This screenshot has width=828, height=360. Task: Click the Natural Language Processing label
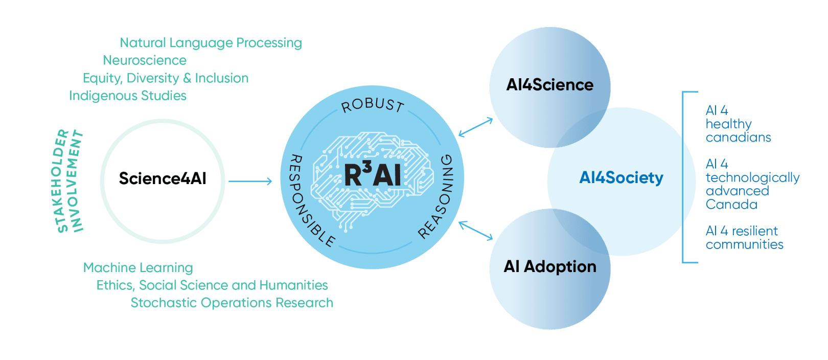point(211,43)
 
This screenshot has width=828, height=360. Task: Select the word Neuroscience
point(145,60)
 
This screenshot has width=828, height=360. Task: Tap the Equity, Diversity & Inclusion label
point(166,78)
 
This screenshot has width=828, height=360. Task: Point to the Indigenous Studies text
point(128,96)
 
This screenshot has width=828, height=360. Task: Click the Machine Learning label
point(138,267)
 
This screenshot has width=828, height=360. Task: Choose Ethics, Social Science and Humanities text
point(212,285)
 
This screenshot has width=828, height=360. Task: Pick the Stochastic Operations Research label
point(232,303)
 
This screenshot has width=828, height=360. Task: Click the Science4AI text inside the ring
point(163,178)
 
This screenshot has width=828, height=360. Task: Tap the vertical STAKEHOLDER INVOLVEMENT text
point(68,182)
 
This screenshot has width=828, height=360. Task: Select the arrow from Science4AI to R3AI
point(250,181)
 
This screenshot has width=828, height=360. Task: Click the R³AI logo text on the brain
point(373,175)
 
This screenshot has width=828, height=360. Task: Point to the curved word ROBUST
point(373,105)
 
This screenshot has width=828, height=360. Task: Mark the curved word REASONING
point(438,197)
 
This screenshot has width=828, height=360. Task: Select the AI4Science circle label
point(550,85)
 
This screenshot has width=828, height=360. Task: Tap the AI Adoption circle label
point(550,266)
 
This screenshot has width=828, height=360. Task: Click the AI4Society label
point(621,177)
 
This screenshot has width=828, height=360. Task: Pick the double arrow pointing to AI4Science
point(476,127)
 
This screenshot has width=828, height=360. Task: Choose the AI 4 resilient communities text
point(744,238)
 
